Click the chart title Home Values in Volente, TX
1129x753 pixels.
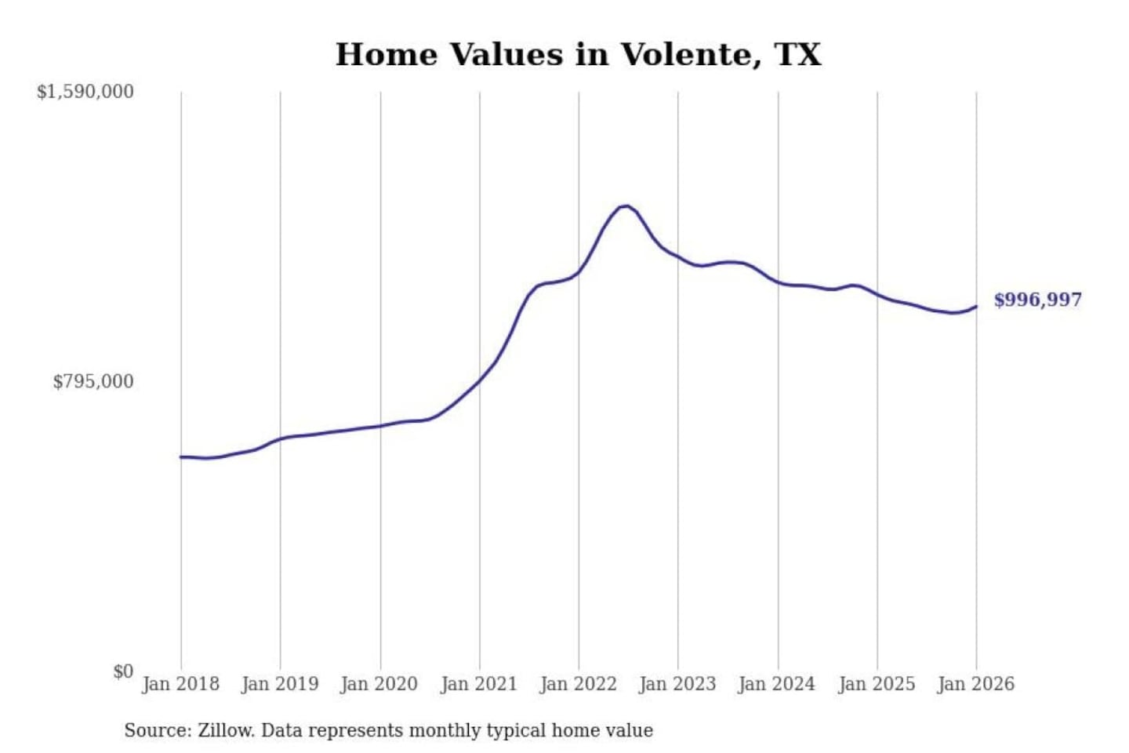coord(578,55)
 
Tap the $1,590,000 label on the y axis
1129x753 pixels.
coord(85,92)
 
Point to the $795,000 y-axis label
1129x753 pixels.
coord(93,382)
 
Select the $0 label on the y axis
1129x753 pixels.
coord(123,671)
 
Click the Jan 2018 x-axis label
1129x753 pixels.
coord(180,684)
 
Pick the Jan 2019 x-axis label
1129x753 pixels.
coord(280,684)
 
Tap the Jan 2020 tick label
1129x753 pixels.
coord(379,684)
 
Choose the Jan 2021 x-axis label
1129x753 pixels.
coord(478,684)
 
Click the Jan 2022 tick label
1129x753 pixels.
coord(578,684)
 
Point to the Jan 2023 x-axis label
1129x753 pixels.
coord(677,684)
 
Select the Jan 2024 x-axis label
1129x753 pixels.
coord(776,684)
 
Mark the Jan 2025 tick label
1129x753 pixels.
coord(876,684)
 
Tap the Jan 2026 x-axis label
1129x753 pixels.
coord(975,684)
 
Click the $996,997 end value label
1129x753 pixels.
coord(1037,300)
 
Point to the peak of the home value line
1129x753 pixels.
coord(625,206)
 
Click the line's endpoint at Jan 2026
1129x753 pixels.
coord(976,307)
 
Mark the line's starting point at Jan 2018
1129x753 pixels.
coord(181,457)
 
